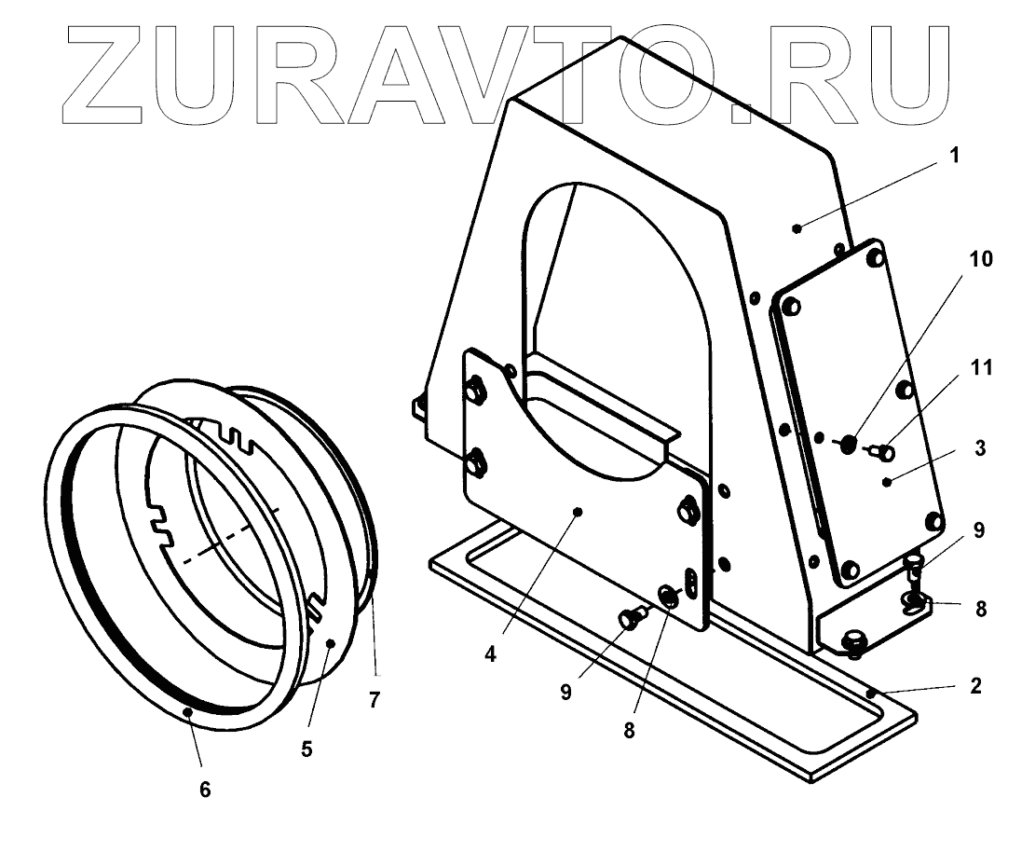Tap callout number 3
(x=980, y=447)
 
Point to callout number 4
(x=491, y=653)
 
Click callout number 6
(x=205, y=790)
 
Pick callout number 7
(x=375, y=699)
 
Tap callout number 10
(x=980, y=258)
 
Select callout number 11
(x=980, y=368)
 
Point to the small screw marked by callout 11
(x=883, y=454)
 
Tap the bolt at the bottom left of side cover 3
(x=849, y=569)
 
